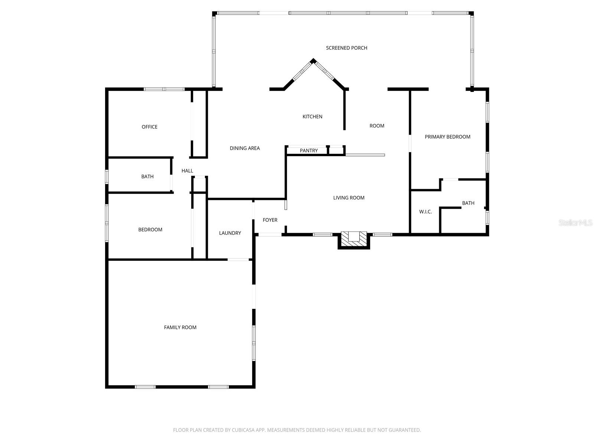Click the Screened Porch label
[x=346, y=48]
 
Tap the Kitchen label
[x=312, y=116]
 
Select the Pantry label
[x=309, y=151]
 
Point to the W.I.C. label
[x=425, y=212]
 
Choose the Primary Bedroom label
[x=447, y=137]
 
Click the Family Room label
[x=180, y=327]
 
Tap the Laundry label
[x=230, y=233]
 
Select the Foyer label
[x=270, y=220]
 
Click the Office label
[x=149, y=127]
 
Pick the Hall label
[x=187, y=171]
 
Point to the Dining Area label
[x=245, y=148]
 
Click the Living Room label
[x=349, y=198]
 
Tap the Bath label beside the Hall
[x=147, y=177]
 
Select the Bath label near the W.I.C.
[x=468, y=203]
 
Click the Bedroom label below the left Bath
[x=150, y=230]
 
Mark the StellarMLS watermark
[x=575, y=222]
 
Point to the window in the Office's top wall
[x=164, y=89]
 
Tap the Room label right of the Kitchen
[x=376, y=126]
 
